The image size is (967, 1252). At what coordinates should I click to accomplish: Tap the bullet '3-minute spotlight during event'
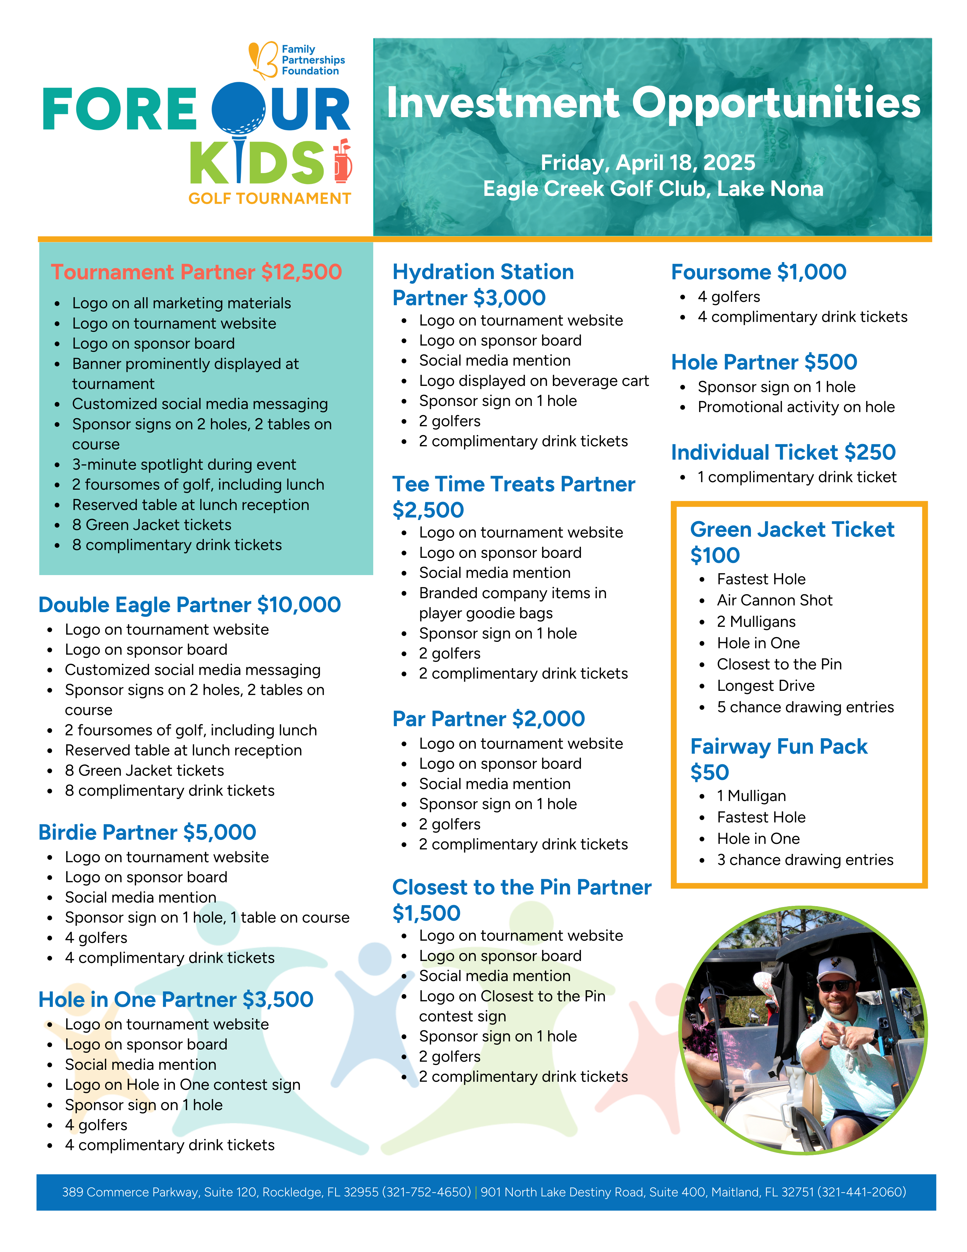click(184, 464)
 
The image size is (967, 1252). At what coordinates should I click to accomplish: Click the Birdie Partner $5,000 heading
click(147, 832)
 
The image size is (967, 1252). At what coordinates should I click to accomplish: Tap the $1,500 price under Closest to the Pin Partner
click(426, 913)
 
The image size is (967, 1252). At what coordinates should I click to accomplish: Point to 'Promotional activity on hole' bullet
click(796, 407)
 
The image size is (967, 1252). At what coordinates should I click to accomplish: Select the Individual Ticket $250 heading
click(783, 452)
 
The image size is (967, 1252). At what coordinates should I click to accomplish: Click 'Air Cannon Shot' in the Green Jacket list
click(775, 600)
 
